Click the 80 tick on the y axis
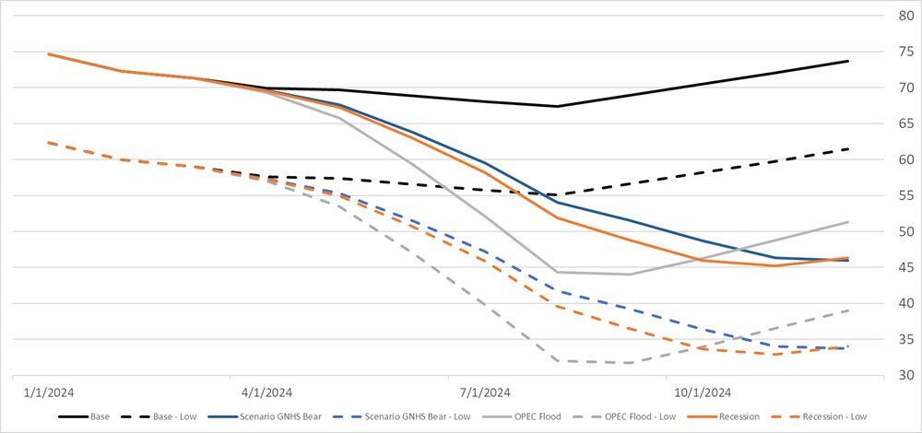click(894, 16)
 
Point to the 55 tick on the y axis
click(894, 195)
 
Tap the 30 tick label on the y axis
click(894, 376)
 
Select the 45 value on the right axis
click(894, 267)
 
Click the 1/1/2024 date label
click(49, 392)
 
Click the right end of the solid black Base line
click(847, 61)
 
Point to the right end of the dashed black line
click(847, 149)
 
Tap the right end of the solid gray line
click(847, 222)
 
